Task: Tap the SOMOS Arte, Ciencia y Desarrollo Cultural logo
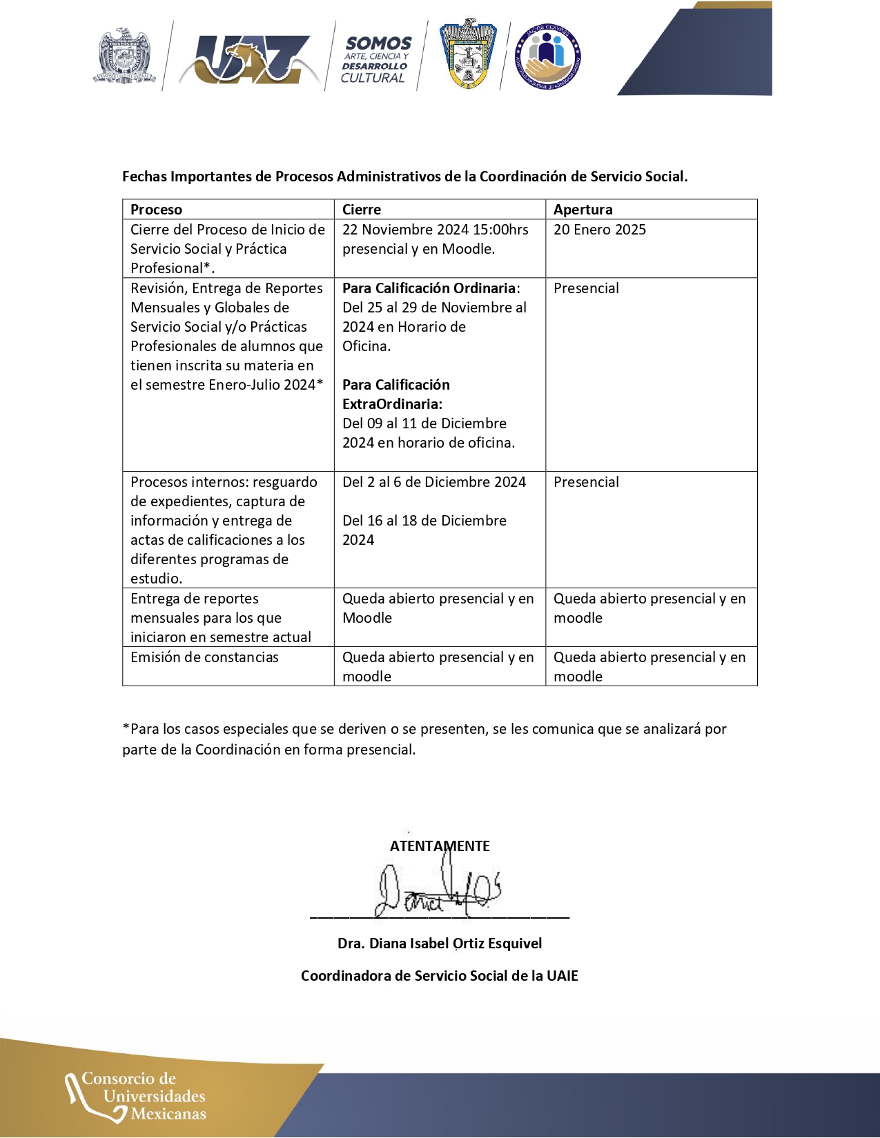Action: (376, 59)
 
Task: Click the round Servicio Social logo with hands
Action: (548, 57)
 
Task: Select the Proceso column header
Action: (157, 210)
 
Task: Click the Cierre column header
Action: (362, 210)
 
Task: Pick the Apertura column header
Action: (583, 210)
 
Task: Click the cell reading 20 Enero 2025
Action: (599, 230)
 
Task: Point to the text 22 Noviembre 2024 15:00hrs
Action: (435, 230)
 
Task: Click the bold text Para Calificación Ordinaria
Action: (429, 288)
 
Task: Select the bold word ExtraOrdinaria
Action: (391, 404)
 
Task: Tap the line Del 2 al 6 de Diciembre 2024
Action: (433, 482)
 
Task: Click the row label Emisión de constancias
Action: (204, 657)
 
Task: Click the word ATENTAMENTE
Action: (440, 846)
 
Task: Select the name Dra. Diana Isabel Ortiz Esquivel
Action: (440, 944)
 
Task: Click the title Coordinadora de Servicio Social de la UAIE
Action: (440, 976)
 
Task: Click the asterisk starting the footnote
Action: (126, 728)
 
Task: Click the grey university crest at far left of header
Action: (124, 57)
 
